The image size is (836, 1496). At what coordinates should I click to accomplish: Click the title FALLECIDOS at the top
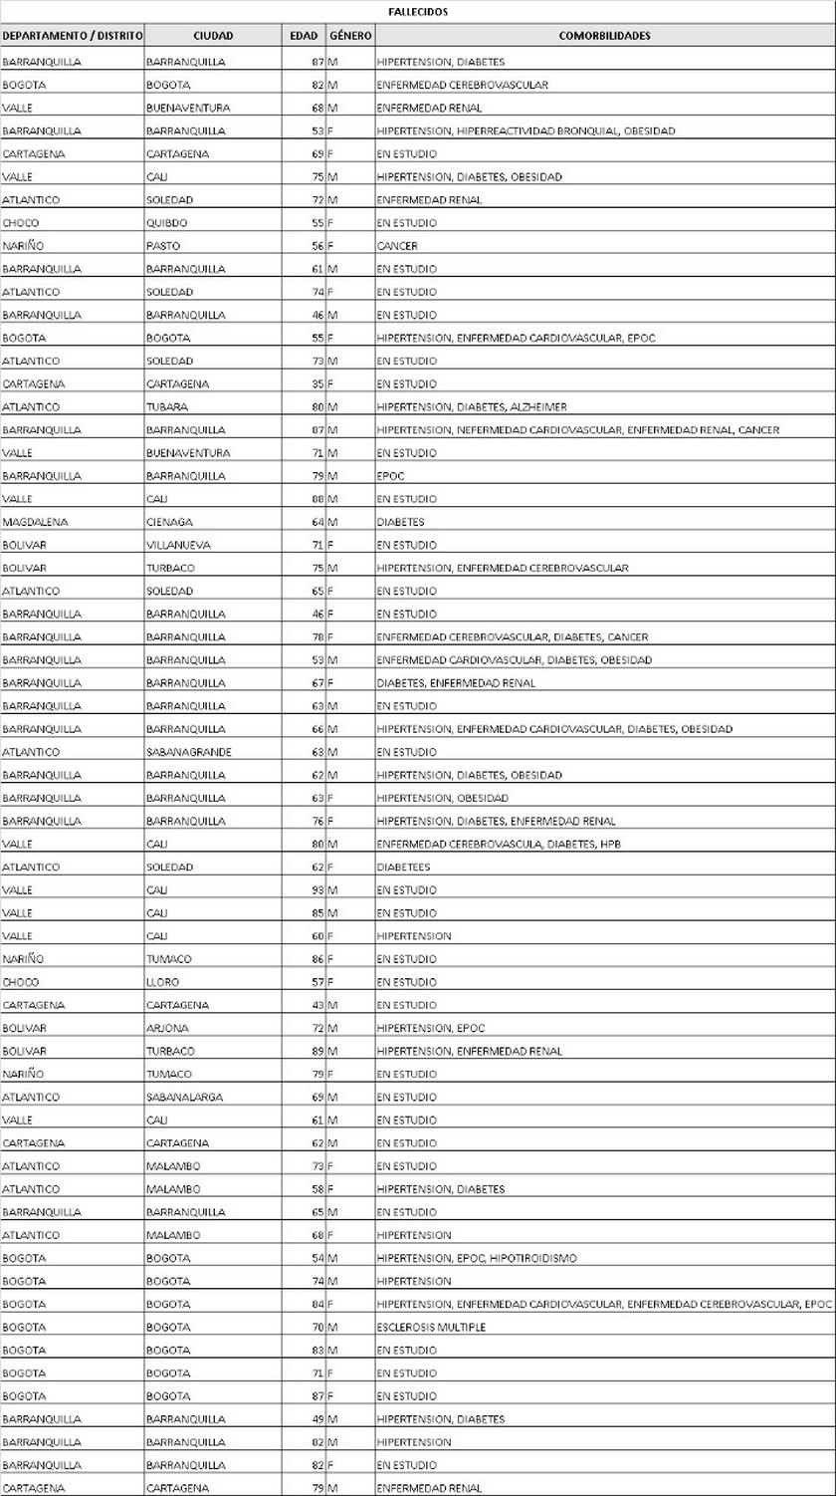click(x=418, y=12)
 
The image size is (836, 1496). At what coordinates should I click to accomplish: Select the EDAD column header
click(x=304, y=36)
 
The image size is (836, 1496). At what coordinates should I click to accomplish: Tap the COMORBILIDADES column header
click(x=604, y=36)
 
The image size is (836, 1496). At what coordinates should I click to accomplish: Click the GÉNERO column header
click(x=350, y=36)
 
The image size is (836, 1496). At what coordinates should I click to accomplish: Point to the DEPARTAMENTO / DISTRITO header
click(x=73, y=36)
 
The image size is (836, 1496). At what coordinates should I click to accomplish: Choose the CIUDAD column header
click(x=213, y=36)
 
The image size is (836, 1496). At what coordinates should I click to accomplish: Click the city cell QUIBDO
click(x=166, y=223)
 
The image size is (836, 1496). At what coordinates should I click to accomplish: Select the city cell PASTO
click(x=162, y=246)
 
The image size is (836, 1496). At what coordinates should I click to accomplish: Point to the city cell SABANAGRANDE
click(x=188, y=752)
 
